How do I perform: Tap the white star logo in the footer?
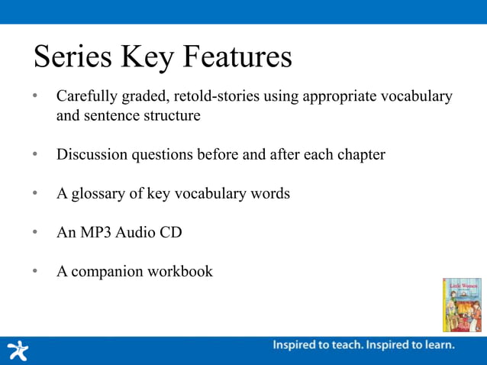click(x=17, y=350)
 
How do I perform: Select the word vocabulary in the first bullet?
click(x=419, y=98)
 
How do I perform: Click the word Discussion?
click(x=92, y=154)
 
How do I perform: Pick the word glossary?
click(x=98, y=194)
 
